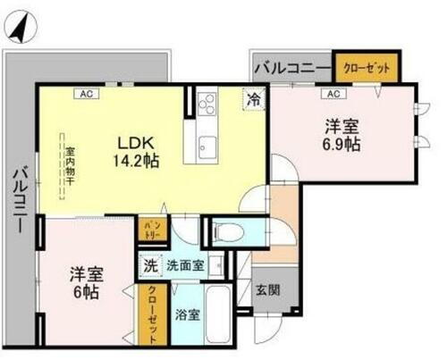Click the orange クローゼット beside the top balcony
[367, 65]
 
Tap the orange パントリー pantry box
[152, 231]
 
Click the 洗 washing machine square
[150, 266]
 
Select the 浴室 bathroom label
[186, 314]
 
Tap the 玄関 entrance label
[267, 290]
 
